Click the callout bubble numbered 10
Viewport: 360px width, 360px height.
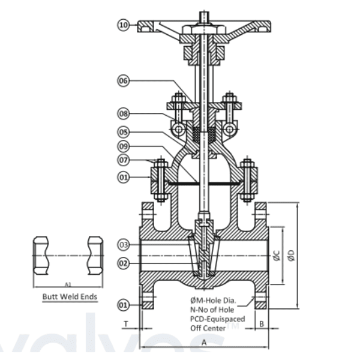[x=123, y=25]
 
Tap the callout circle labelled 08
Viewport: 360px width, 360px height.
[x=123, y=113]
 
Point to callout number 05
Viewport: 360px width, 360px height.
[x=123, y=130]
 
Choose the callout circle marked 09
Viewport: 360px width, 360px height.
[x=123, y=145]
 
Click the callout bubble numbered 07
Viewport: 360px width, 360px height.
[x=123, y=160]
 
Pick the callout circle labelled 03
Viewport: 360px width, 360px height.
[x=123, y=245]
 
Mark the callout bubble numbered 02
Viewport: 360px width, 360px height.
[x=123, y=262]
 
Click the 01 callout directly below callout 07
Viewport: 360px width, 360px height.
[x=123, y=177]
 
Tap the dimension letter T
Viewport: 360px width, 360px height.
[x=126, y=323]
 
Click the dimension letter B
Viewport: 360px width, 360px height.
[x=262, y=323]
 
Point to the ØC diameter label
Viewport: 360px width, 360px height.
[x=277, y=256]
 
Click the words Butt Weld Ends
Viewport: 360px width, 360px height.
[x=70, y=296]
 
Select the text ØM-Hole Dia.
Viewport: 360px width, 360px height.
[x=211, y=300]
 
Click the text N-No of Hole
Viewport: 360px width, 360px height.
[x=209, y=310]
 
